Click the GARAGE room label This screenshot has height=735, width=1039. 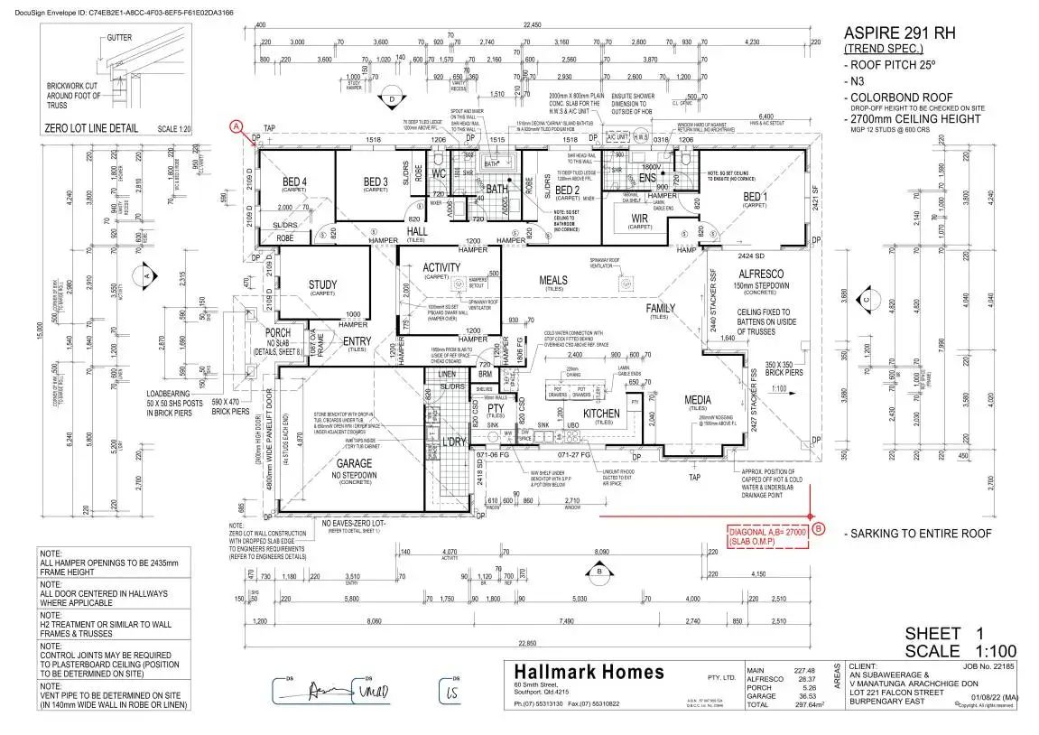[353, 464]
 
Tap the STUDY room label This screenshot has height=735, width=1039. [322, 285]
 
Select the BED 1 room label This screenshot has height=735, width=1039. [755, 196]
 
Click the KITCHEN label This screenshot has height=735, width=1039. [601, 414]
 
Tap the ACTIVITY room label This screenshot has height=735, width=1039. [441, 267]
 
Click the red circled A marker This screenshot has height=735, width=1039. [237, 126]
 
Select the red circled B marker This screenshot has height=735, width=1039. [818, 528]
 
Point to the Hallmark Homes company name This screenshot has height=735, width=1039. [589, 673]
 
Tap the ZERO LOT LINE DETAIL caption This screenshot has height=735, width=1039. [91, 128]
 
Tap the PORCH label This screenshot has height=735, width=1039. [277, 332]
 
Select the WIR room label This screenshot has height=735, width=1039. [639, 218]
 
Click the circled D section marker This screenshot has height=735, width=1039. [392, 99]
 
